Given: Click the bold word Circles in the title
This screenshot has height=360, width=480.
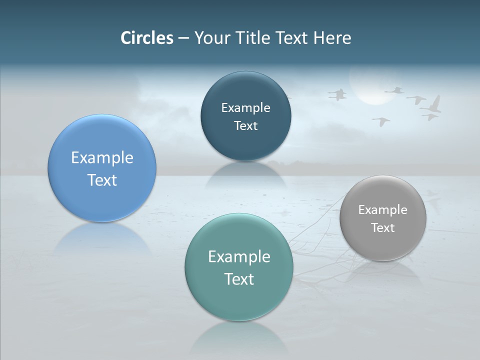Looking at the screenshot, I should point(147,38).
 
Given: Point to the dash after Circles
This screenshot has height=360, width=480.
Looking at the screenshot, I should point(183,39).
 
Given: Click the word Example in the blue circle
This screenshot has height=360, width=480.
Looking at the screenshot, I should point(102,158).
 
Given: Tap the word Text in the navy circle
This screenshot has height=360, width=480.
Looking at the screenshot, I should point(245,125).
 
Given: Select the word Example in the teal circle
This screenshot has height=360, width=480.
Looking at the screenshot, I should point(239,257).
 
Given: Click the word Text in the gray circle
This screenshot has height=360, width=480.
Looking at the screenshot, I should point(383,227).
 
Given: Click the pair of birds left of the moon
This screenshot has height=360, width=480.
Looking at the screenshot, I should point(338,94).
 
